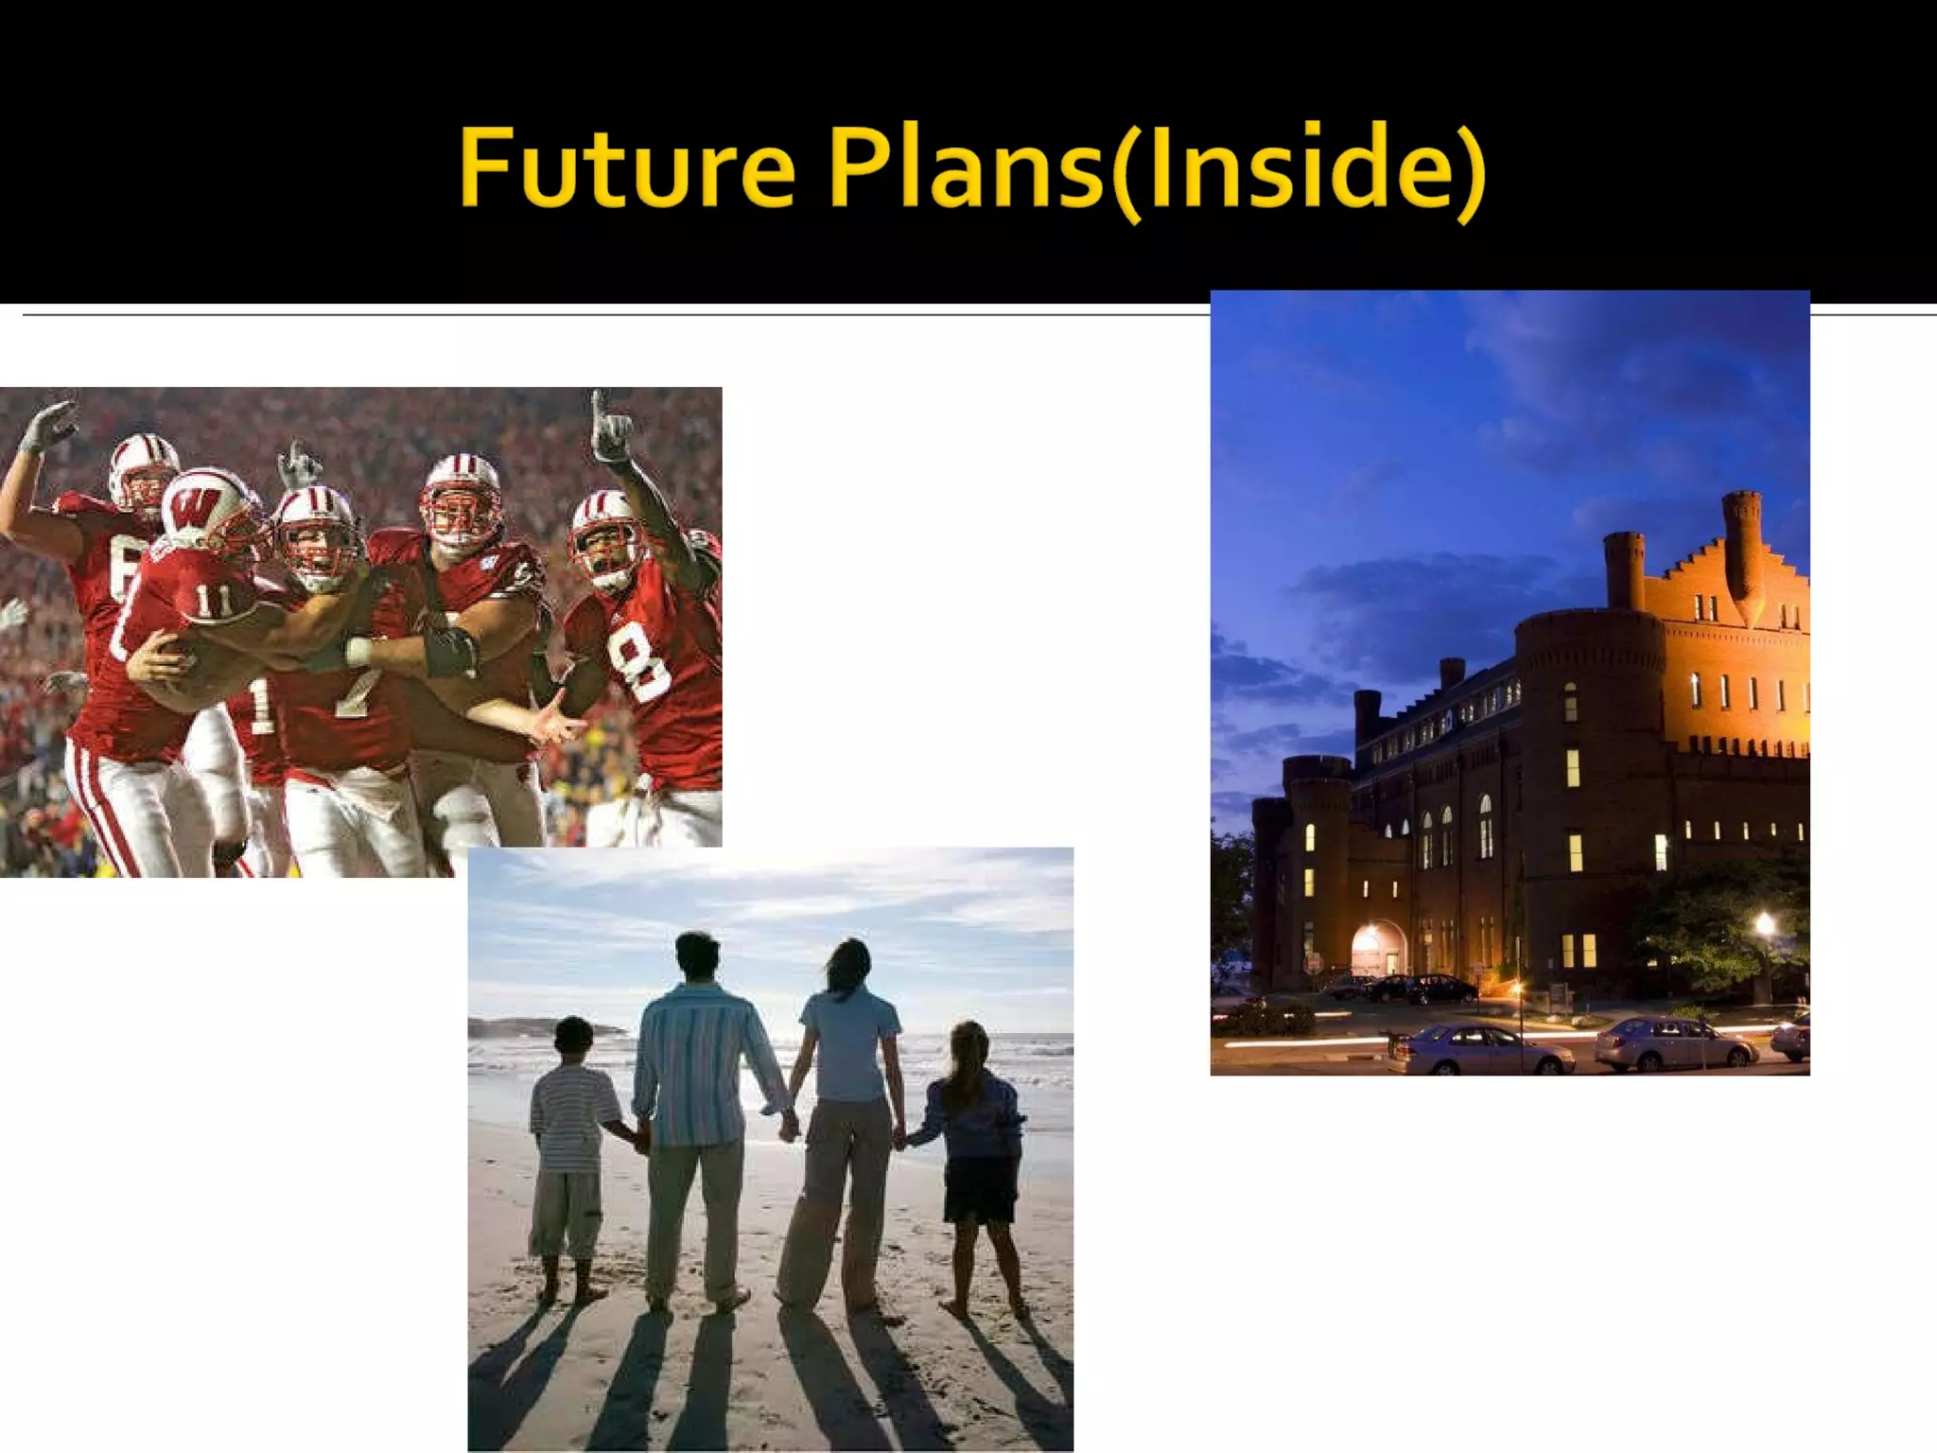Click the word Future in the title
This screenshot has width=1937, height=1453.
pyautogui.click(x=626, y=167)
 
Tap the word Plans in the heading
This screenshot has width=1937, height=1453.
pyautogui.click(x=964, y=167)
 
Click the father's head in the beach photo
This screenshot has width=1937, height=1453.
pyautogui.click(x=698, y=958)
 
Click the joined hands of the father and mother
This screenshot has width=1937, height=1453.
pyautogui.click(x=788, y=1126)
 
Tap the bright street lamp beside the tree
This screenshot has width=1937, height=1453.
pyautogui.click(x=1764, y=923)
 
